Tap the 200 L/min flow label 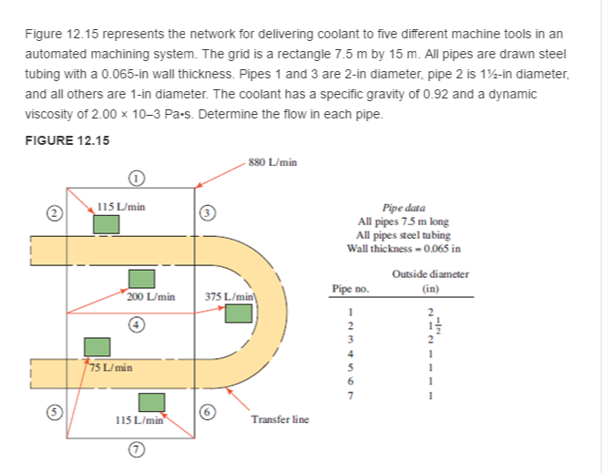[150, 296]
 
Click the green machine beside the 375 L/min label [239, 314]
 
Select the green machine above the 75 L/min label [98, 346]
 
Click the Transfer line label [280, 419]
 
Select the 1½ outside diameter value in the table [432, 325]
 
